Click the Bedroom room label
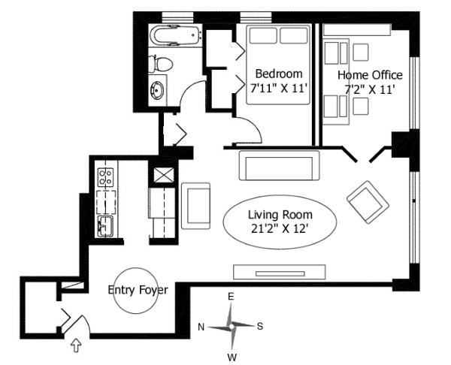click(x=279, y=74)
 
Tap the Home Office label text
click(x=370, y=75)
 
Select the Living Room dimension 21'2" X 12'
click(x=279, y=228)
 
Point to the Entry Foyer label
click(x=138, y=289)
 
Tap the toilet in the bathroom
click(x=162, y=64)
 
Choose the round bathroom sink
click(x=159, y=92)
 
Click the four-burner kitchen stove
click(x=105, y=178)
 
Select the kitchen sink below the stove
click(x=105, y=226)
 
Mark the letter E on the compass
click(x=231, y=297)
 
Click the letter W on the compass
click(x=232, y=356)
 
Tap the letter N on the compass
click(x=201, y=327)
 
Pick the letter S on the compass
click(x=260, y=326)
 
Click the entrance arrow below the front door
click(x=75, y=345)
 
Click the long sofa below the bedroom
click(x=279, y=165)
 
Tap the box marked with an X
click(x=162, y=175)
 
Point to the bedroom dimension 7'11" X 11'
click(x=279, y=87)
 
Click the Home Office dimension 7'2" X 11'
click(x=370, y=89)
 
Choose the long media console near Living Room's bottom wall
click(x=279, y=271)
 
